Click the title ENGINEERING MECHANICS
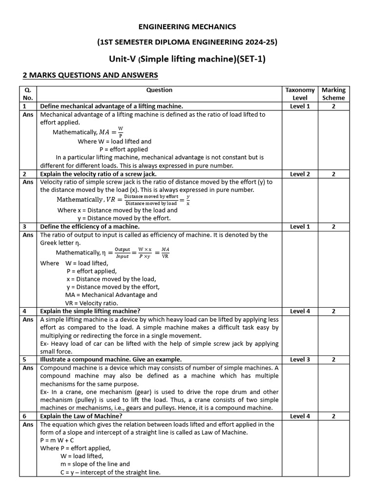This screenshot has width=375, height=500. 188,26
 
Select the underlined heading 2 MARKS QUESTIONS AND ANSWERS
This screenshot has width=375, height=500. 90,75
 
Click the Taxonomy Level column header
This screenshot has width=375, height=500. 300,94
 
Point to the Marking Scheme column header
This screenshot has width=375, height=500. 333,94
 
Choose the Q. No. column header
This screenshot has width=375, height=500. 27,94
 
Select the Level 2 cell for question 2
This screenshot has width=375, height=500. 300,174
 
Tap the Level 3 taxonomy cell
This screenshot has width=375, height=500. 300,359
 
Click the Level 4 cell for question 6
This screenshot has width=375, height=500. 300,417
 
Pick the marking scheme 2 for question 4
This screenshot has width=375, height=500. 333,311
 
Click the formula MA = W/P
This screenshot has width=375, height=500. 111,132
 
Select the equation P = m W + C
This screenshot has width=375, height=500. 58,440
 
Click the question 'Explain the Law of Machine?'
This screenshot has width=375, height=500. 81,417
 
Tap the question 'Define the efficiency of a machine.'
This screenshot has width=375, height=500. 90,227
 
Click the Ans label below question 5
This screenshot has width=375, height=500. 27,368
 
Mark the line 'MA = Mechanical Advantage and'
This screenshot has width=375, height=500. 111,295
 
